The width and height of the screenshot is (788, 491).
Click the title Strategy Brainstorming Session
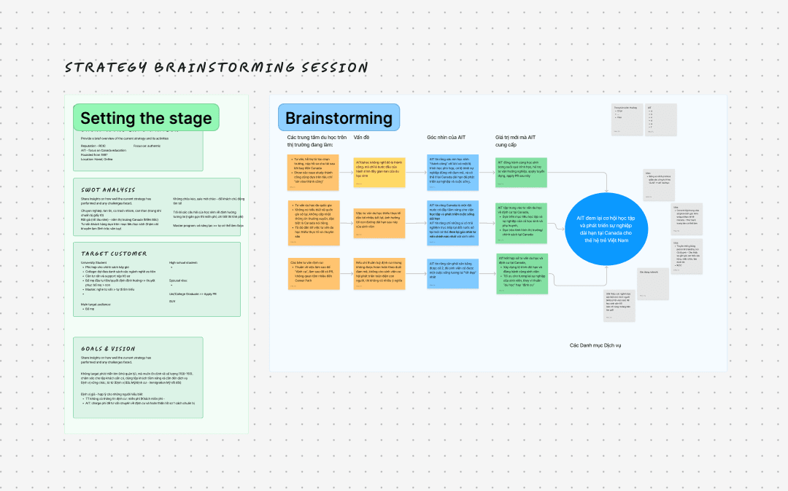click(216, 68)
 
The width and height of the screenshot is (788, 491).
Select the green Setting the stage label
click(146, 118)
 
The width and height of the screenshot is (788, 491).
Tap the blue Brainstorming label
click(339, 118)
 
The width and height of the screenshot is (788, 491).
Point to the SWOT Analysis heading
click(108, 189)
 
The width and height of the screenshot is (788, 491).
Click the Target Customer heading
click(115, 253)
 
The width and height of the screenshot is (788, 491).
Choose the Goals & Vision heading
click(108, 348)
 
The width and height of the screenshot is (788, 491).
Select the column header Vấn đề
click(362, 136)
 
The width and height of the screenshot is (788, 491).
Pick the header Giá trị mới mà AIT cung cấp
click(516, 141)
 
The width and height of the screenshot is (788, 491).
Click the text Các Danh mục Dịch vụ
click(597, 345)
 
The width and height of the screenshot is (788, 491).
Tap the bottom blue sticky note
click(453, 276)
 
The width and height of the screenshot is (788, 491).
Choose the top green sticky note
click(521, 173)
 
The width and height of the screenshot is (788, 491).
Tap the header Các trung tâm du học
click(317, 141)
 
